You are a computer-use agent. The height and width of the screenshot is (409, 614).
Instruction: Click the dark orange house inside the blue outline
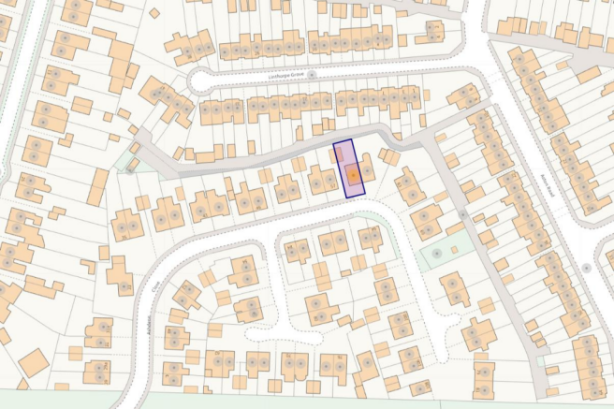pos(352,173)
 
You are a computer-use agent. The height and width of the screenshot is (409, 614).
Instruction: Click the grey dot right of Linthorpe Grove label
pos(313,74)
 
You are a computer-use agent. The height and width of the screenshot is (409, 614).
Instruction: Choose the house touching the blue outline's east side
pos(368,168)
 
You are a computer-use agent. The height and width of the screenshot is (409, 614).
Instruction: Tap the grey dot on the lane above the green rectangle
pos(462,213)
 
